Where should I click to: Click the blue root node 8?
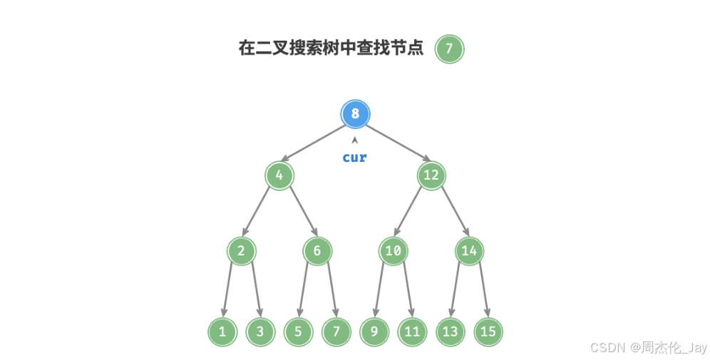point(355,113)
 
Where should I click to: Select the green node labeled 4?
point(279,175)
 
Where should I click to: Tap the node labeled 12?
point(431,175)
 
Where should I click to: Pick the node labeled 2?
point(242,250)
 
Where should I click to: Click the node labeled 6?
point(317,250)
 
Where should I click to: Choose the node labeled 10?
point(393,250)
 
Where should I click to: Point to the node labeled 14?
point(468,250)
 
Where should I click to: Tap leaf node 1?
point(222,331)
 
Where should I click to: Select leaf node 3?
point(260,331)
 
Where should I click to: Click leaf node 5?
point(298,331)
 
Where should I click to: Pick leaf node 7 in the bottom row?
point(336,331)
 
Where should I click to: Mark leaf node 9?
point(374,331)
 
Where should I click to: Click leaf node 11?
point(412,331)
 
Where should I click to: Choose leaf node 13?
point(450,331)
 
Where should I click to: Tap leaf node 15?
point(488,331)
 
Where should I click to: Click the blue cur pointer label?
point(354,157)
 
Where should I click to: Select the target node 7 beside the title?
point(449,48)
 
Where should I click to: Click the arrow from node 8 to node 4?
point(317,144)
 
